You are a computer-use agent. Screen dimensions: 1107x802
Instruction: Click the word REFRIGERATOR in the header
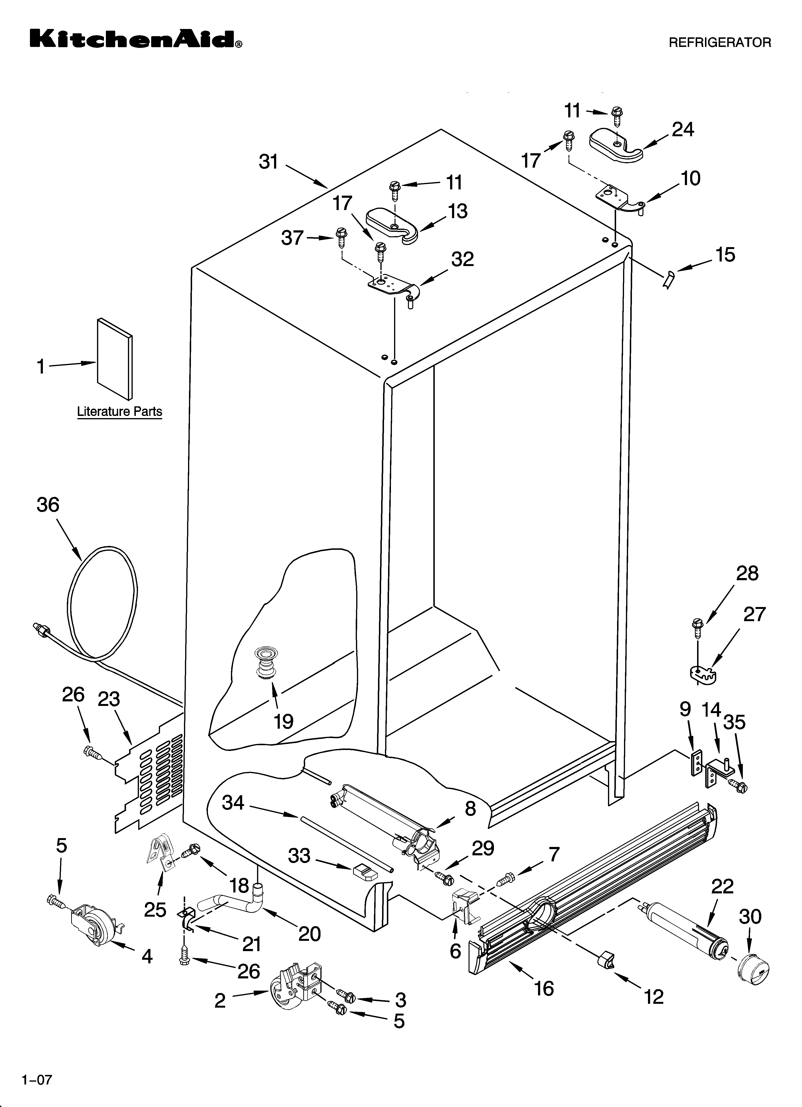tap(719, 42)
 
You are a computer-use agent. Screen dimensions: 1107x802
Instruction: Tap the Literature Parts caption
tap(120, 411)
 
